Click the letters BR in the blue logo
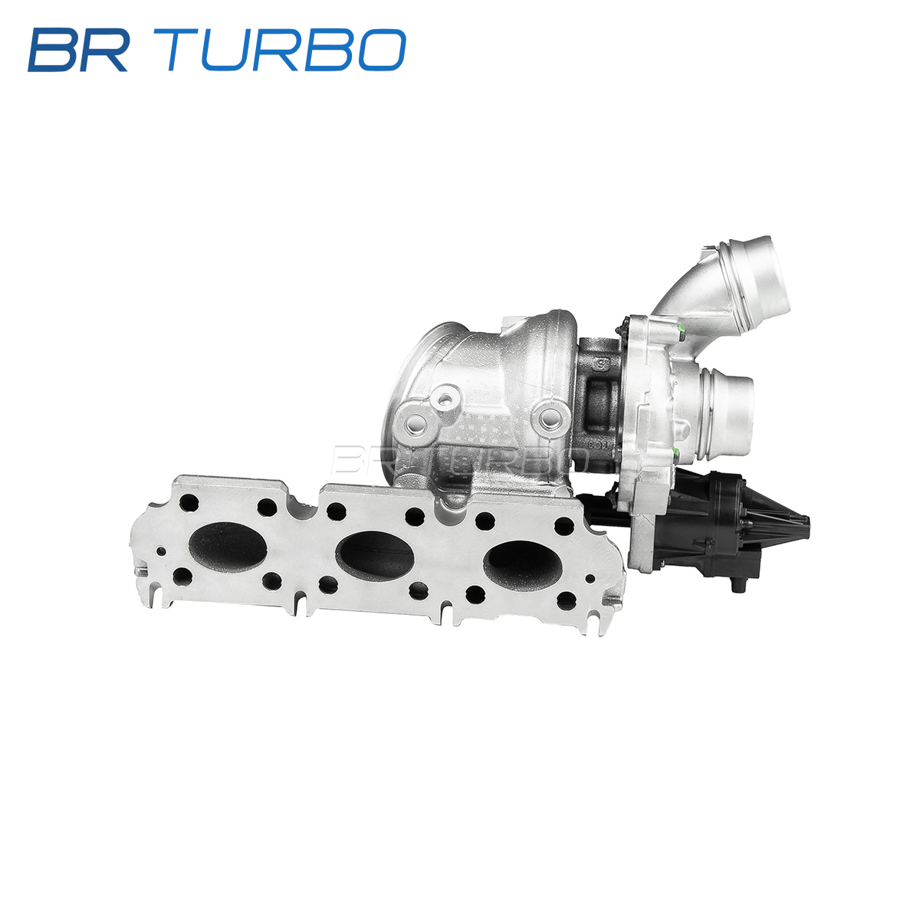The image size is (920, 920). [78, 50]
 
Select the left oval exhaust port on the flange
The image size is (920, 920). [228, 549]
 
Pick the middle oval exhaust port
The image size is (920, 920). [376, 555]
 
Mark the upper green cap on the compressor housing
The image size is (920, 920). [682, 329]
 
